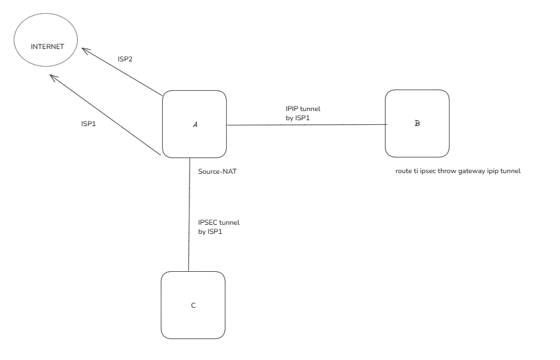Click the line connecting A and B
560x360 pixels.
[307, 124]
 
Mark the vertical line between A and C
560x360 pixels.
[189, 216]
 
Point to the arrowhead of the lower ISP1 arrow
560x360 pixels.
[54, 78]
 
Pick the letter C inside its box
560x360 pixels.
[193, 305]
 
